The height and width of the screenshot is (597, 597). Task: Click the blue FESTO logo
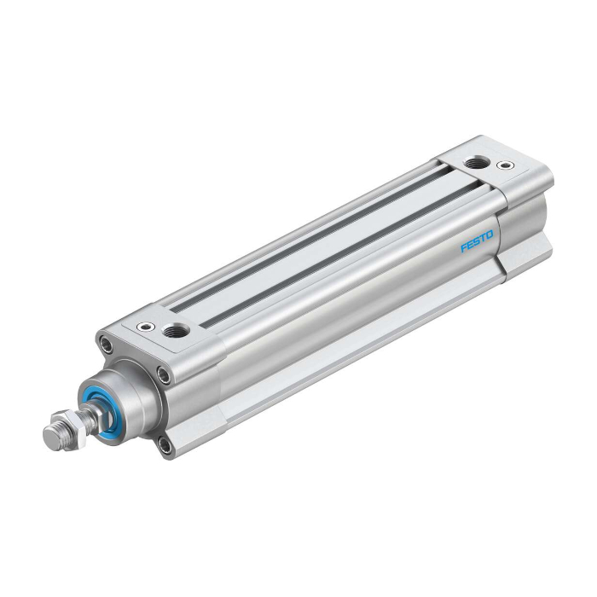[477, 241]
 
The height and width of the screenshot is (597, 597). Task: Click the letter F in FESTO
[464, 248]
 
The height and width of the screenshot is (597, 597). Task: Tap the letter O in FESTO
[489, 235]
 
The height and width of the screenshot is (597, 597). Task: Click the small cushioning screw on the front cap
[146, 327]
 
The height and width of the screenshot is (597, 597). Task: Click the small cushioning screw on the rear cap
[505, 165]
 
